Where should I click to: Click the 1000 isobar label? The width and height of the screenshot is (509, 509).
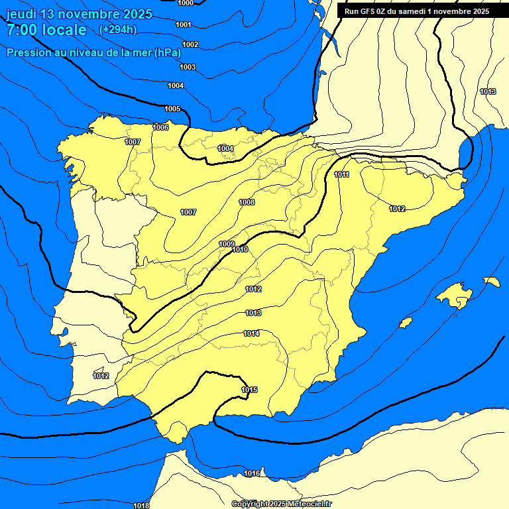tap(186, 3)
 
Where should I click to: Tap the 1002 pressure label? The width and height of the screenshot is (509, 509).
tap(190, 44)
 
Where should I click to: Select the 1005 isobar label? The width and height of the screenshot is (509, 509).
tap(172, 109)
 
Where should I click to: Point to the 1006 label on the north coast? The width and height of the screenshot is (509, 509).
tap(160, 127)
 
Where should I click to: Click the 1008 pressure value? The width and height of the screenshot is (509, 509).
tap(247, 202)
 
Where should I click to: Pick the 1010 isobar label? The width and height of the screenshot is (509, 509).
tap(240, 249)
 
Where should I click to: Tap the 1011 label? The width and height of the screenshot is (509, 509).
tap(342, 174)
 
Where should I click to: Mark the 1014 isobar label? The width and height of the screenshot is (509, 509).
tap(251, 333)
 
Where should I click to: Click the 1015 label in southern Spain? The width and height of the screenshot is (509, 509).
tap(249, 390)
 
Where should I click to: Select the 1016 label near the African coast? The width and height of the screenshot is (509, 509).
tap(252, 473)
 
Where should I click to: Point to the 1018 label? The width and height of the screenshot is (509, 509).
tap(141, 505)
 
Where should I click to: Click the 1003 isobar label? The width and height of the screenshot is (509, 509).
tap(188, 67)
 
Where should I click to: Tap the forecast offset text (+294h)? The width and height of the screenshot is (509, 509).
tap(117, 30)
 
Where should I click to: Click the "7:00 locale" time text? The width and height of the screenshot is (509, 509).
tap(46, 30)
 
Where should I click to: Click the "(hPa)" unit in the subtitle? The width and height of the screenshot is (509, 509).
tap(168, 53)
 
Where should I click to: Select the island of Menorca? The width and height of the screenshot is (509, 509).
tap(492, 281)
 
